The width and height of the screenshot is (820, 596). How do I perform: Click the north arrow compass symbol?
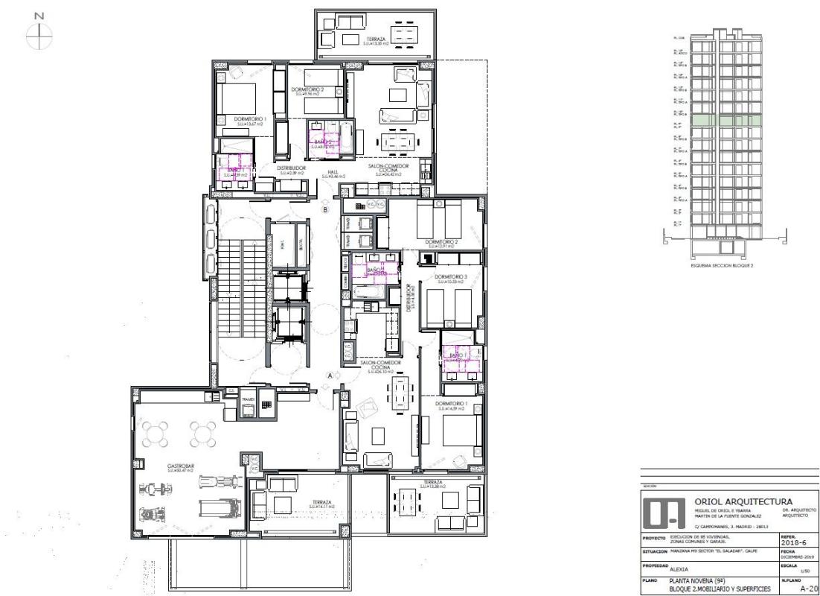coord(40,31)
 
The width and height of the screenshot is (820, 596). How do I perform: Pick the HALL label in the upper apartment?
coord(333,171)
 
